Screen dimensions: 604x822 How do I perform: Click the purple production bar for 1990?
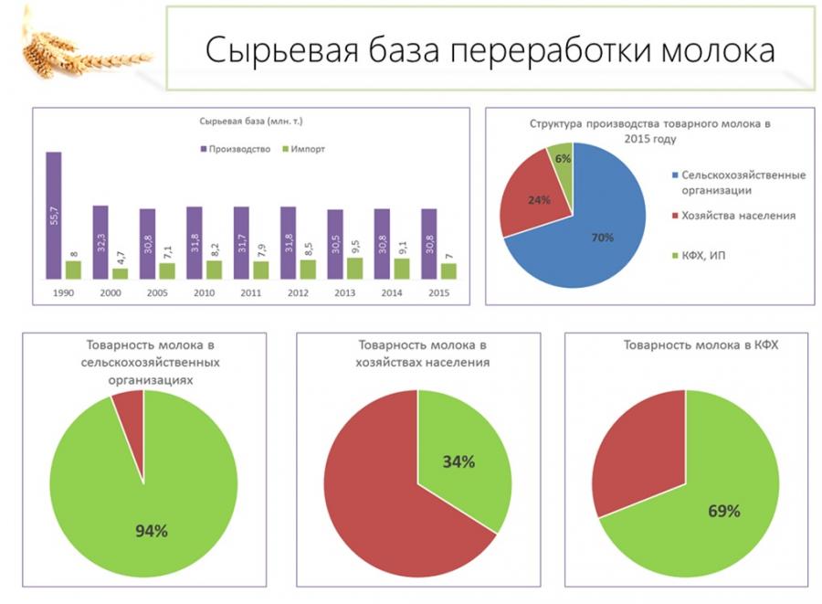pyautogui.click(x=53, y=215)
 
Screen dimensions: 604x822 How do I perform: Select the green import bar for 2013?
pyautogui.click(x=354, y=268)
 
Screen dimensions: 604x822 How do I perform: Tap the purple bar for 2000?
pyautogui.click(x=100, y=241)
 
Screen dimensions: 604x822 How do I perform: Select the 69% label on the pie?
pyautogui.click(x=724, y=510)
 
